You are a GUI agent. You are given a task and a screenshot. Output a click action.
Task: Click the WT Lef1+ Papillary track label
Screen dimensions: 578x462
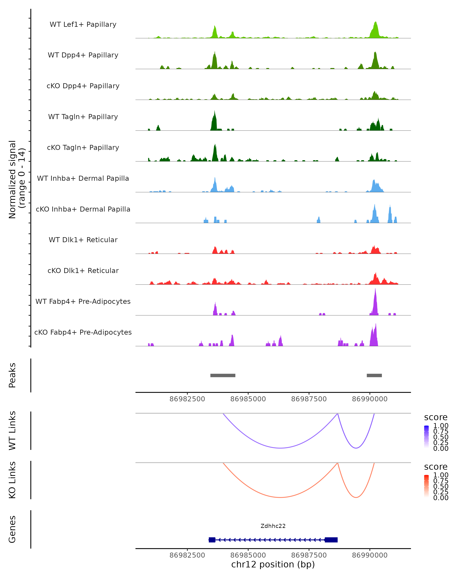83,24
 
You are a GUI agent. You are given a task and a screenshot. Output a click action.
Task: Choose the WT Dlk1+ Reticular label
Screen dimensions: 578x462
83,240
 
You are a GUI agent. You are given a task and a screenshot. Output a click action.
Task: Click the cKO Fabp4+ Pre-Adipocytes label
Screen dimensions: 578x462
83,332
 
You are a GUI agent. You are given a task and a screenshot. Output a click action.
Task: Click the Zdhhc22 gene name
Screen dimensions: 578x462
273,526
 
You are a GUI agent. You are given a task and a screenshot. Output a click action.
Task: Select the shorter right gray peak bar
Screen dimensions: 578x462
374,375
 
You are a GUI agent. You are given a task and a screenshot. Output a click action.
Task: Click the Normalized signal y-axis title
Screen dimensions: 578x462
17,179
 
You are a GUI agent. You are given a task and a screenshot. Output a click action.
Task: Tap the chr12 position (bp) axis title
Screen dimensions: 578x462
273,564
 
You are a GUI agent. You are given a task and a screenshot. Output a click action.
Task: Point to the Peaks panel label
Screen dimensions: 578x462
12,375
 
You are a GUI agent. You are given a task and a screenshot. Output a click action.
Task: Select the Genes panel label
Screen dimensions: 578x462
12,529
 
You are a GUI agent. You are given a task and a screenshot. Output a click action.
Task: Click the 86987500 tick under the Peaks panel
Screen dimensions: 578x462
309,399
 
